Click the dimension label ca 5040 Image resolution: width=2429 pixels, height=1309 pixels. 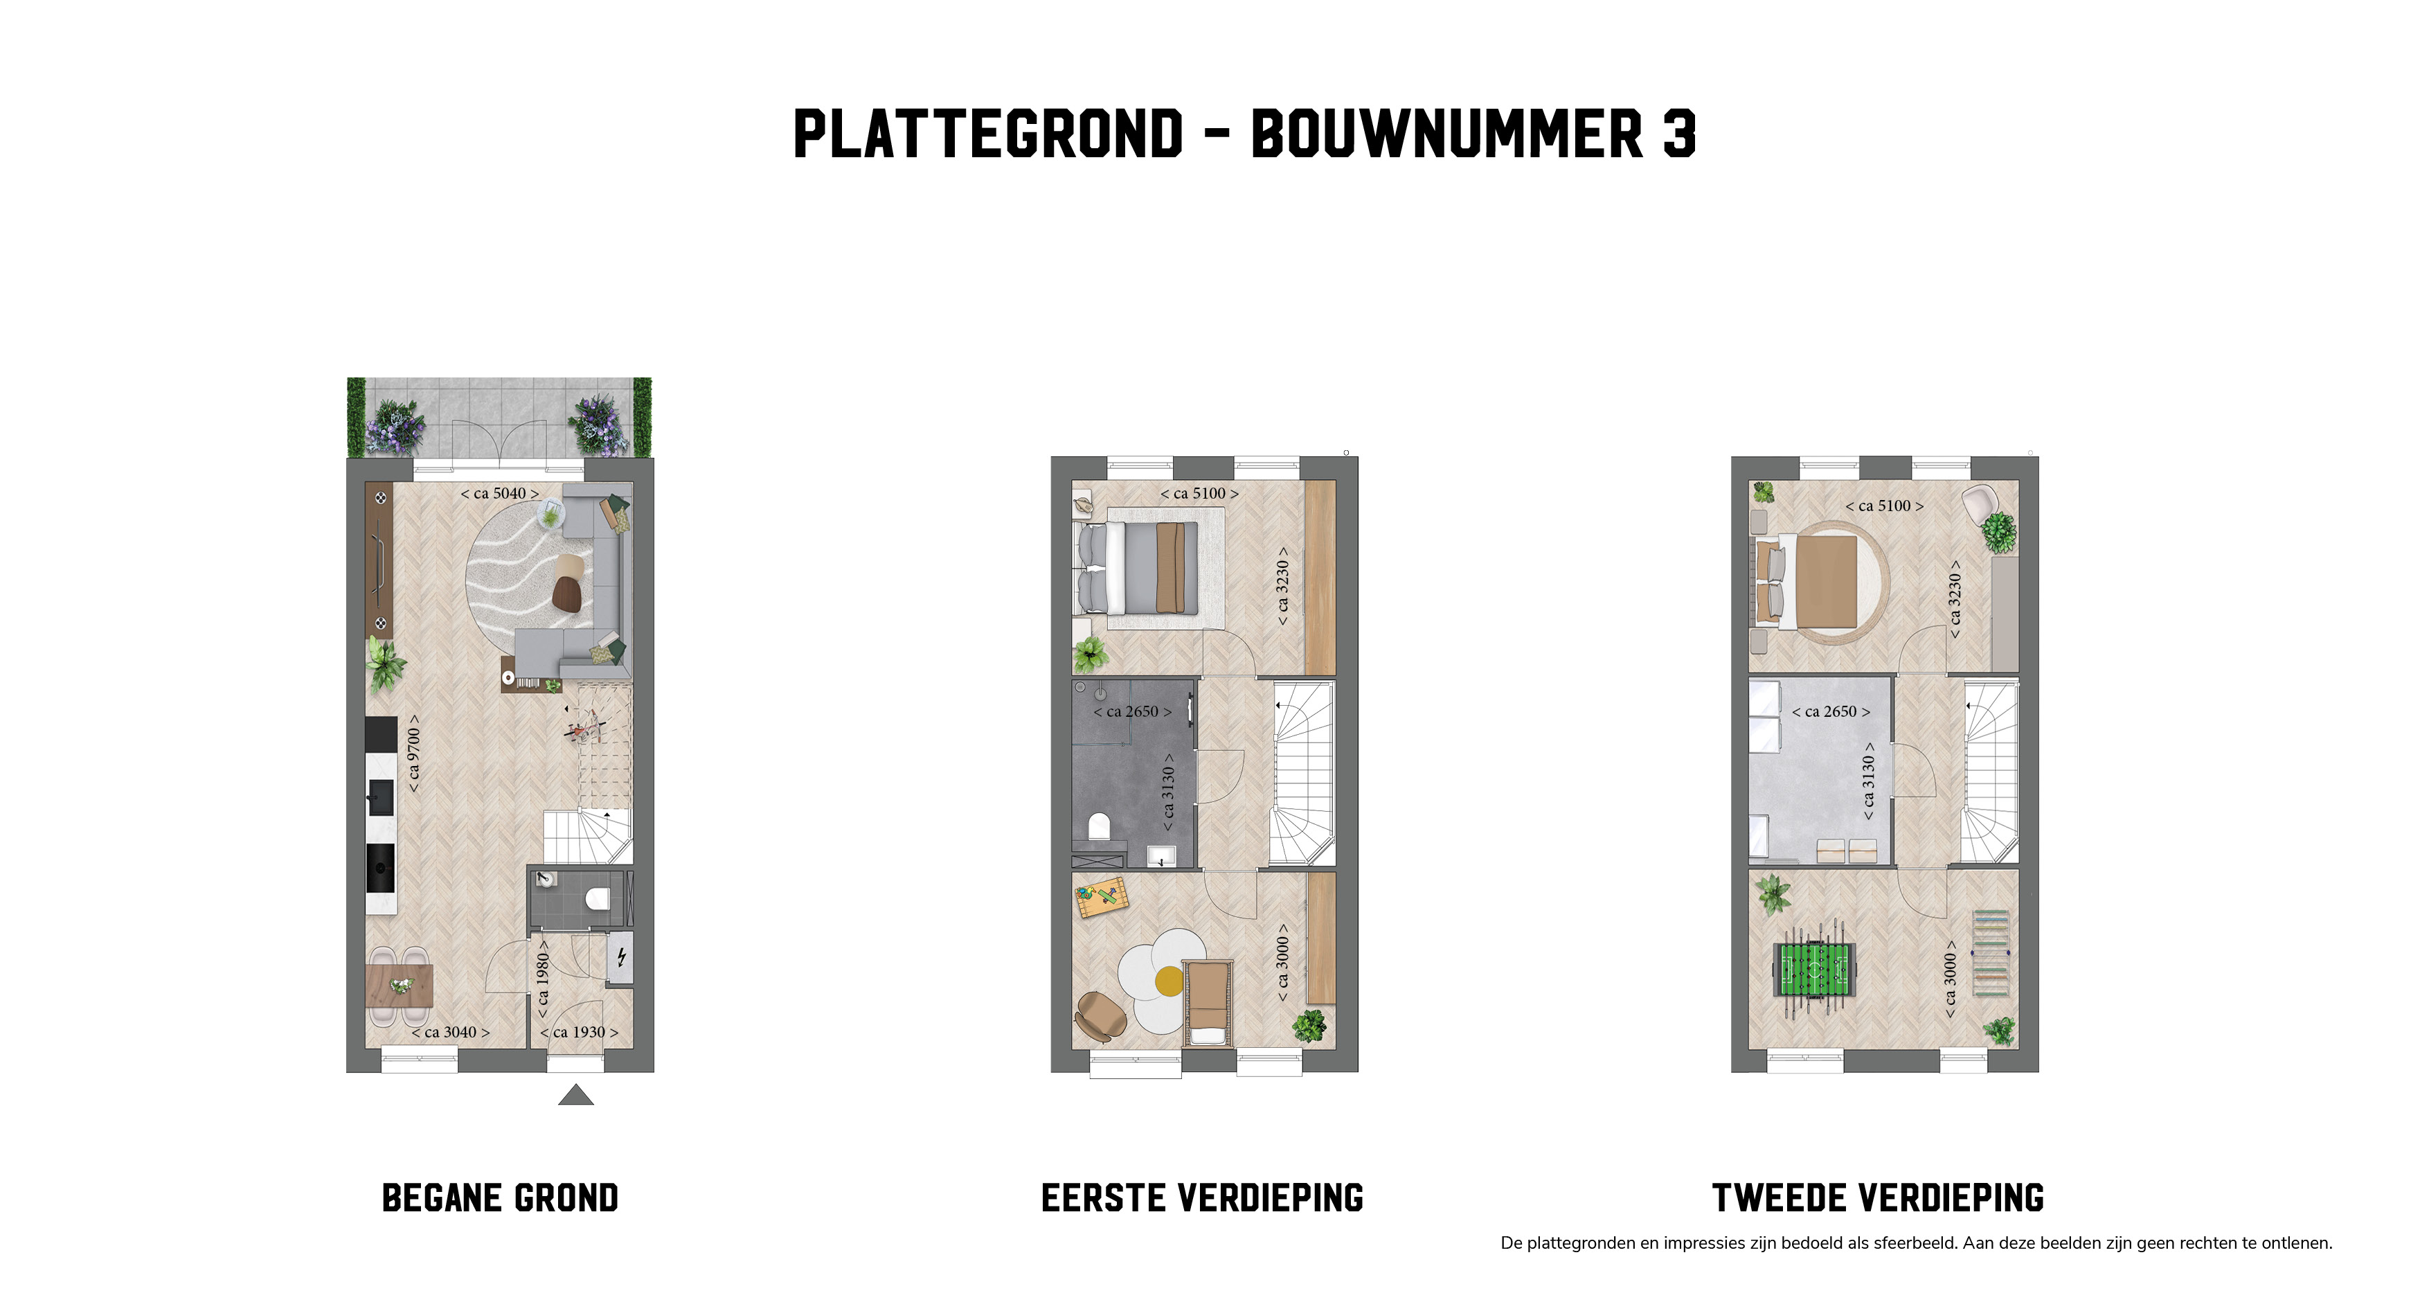click(x=500, y=493)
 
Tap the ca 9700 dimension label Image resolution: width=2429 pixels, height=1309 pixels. click(x=413, y=753)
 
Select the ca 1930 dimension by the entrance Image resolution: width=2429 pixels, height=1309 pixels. click(x=579, y=1032)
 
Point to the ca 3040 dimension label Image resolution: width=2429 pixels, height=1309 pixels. click(x=451, y=1032)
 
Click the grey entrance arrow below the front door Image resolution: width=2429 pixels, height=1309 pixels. click(x=576, y=1095)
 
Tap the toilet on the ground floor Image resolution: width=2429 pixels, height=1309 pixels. click(x=597, y=899)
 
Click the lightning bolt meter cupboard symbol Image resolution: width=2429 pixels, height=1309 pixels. click(x=621, y=958)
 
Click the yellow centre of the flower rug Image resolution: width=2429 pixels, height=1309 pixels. click(x=1169, y=981)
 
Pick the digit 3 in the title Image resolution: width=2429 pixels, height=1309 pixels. click(x=1680, y=133)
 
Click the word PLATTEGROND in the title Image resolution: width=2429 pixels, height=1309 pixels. click(x=988, y=133)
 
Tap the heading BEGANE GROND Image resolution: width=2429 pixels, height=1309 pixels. click(x=500, y=1197)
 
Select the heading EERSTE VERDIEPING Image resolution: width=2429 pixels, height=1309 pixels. click(x=1202, y=1197)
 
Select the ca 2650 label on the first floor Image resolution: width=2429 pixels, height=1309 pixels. click(x=1133, y=711)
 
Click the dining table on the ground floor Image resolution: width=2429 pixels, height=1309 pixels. click(x=399, y=986)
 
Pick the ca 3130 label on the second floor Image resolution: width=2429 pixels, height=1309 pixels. click(x=1868, y=781)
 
